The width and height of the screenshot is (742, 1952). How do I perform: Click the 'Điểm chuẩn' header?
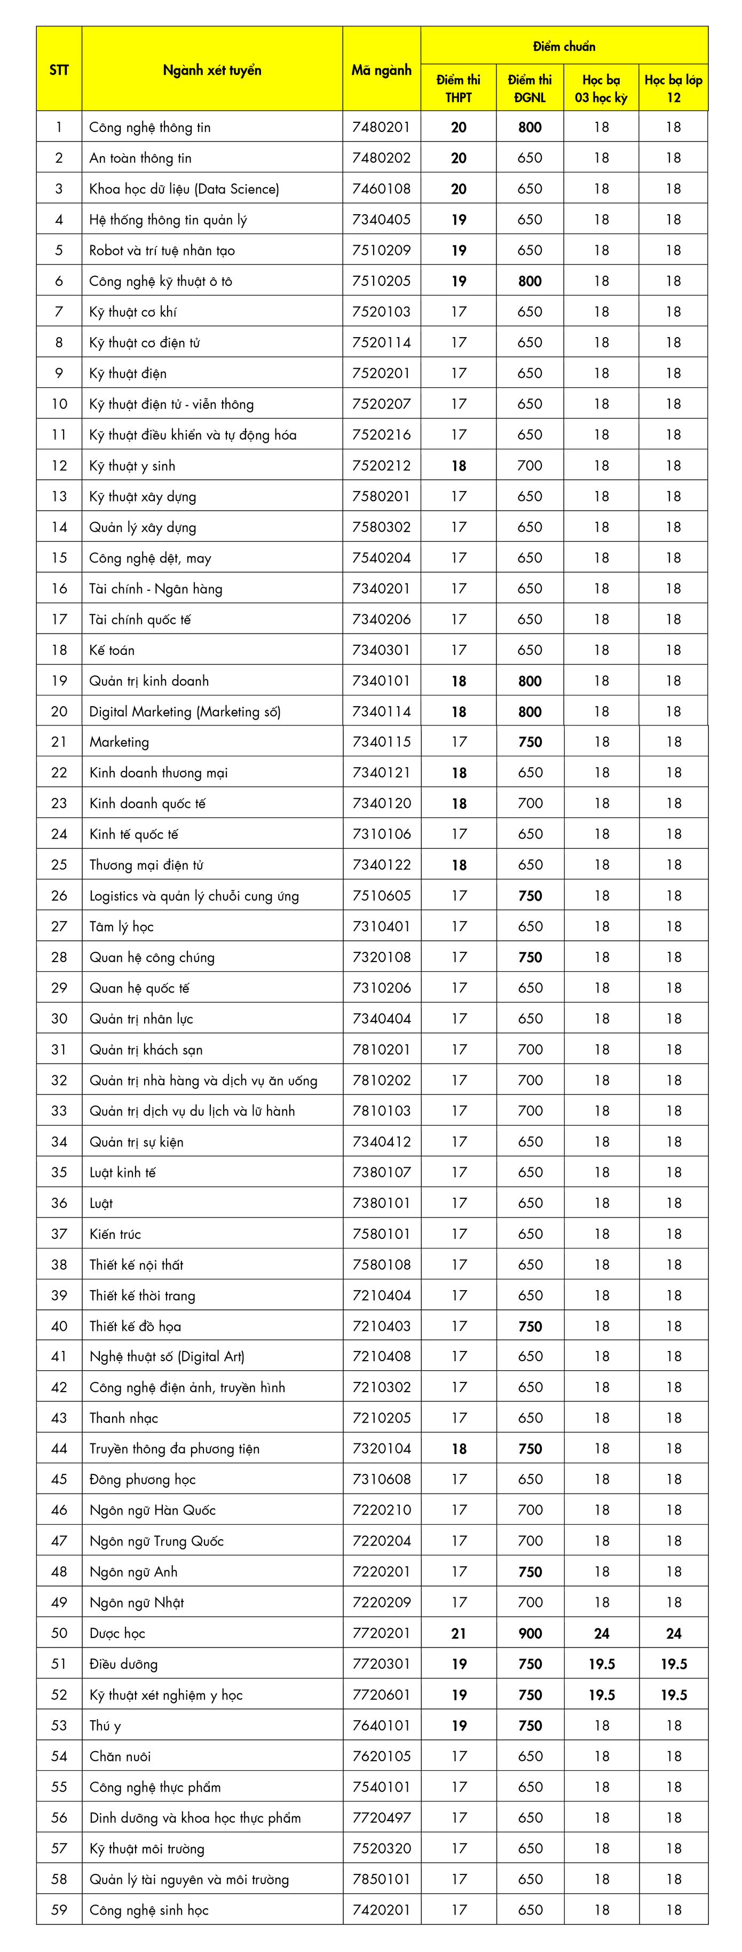coord(564,46)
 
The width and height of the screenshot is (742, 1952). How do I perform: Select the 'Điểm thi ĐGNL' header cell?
coord(530,89)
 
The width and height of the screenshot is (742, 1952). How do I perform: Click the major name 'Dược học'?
coord(117,1633)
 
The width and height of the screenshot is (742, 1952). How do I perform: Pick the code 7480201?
coord(382,127)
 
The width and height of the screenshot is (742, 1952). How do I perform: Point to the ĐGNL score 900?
coord(530,1633)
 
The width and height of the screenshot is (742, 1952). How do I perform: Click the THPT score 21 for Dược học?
coord(459,1633)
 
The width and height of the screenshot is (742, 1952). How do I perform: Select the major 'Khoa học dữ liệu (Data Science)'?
coord(184,189)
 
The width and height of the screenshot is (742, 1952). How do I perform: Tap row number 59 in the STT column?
coord(59,1910)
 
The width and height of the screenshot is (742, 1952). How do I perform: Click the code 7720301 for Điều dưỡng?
coord(382,1664)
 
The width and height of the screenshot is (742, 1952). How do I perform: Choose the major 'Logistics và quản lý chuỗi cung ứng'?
coord(194,896)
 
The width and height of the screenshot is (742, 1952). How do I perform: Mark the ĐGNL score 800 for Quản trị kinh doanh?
coord(530,681)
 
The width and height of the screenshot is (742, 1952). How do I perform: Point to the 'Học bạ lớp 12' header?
coord(673,89)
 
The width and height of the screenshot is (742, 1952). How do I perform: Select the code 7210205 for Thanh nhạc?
coord(382,1418)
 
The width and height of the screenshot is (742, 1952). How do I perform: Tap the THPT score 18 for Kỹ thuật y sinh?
coord(459,465)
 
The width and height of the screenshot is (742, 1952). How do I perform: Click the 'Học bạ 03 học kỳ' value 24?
coord(601,1633)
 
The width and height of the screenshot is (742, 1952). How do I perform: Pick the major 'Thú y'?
coord(105,1725)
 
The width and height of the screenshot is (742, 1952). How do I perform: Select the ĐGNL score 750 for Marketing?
coord(530,742)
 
